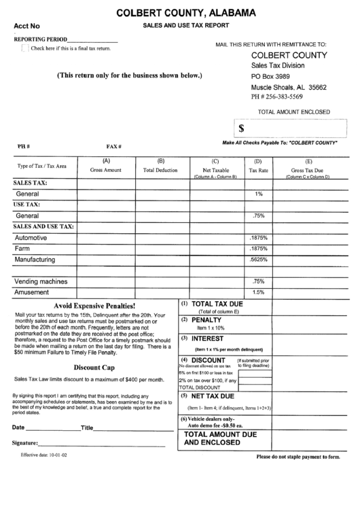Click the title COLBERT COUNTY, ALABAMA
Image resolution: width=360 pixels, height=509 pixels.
(x=185, y=12)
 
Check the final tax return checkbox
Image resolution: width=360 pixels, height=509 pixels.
(x=25, y=48)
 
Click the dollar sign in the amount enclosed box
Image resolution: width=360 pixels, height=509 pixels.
(x=242, y=128)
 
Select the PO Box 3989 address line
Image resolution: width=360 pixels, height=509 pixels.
(x=271, y=77)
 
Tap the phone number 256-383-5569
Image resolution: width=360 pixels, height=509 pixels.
(x=278, y=97)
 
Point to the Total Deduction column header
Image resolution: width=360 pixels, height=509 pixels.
(x=161, y=169)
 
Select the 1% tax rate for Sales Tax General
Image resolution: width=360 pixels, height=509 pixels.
(x=258, y=194)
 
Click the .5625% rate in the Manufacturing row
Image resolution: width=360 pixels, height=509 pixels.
(x=258, y=260)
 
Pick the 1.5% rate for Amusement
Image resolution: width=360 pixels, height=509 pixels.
(x=258, y=292)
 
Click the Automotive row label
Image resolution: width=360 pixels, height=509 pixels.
(x=31, y=238)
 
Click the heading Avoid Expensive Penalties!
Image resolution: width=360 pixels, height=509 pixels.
(x=94, y=306)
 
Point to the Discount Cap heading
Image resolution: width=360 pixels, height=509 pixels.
(x=94, y=367)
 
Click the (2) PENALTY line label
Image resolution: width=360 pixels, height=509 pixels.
(x=202, y=319)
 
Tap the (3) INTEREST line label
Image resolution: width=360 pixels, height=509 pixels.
(x=203, y=338)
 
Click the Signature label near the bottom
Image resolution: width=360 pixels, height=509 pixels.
(x=24, y=462)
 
